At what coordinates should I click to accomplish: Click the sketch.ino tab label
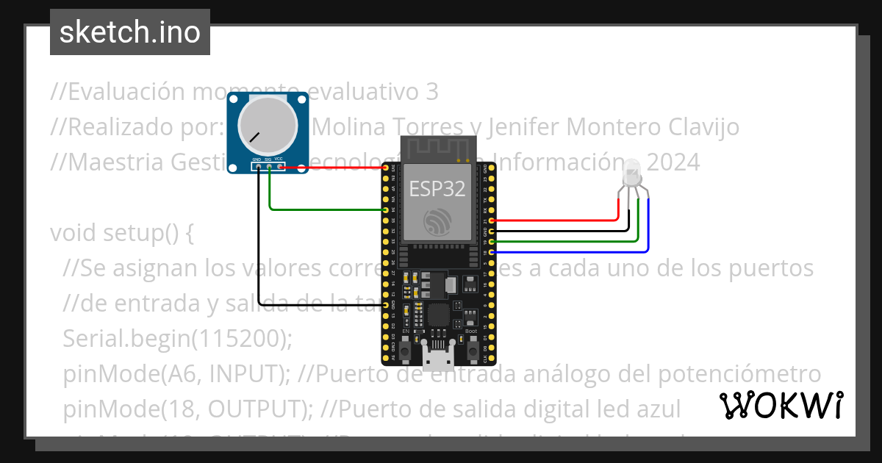point(130,32)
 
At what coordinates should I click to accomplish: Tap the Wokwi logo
point(781,405)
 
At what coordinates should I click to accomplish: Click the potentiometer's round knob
point(268,126)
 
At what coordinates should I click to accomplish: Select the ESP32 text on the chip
point(437,189)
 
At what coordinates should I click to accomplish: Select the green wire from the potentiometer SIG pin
point(323,209)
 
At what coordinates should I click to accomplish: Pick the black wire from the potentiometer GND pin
point(259,243)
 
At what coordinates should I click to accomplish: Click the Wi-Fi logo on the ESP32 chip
point(438,220)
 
